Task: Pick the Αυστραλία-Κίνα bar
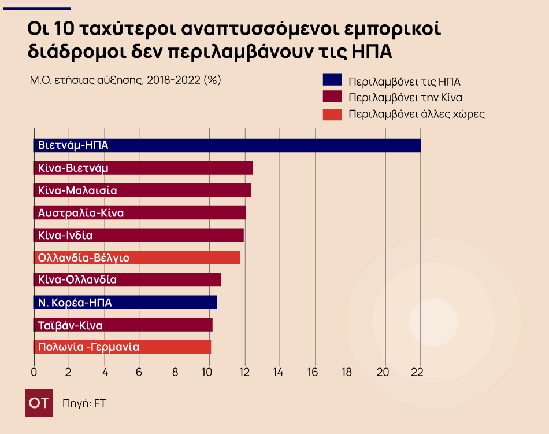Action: tap(139, 213)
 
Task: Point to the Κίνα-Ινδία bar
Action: tap(139, 235)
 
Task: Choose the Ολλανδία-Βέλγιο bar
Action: tap(137, 258)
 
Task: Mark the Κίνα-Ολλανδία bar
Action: tap(127, 280)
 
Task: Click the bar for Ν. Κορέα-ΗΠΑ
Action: tap(125, 302)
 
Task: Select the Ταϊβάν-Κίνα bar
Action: tap(123, 325)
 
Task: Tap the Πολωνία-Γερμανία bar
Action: tap(122, 347)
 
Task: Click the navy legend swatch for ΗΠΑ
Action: tap(332, 80)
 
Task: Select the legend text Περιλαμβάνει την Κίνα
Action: tap(405, 97)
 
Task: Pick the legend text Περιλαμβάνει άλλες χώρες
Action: tap(416, 114)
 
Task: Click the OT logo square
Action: tap(39, 403)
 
